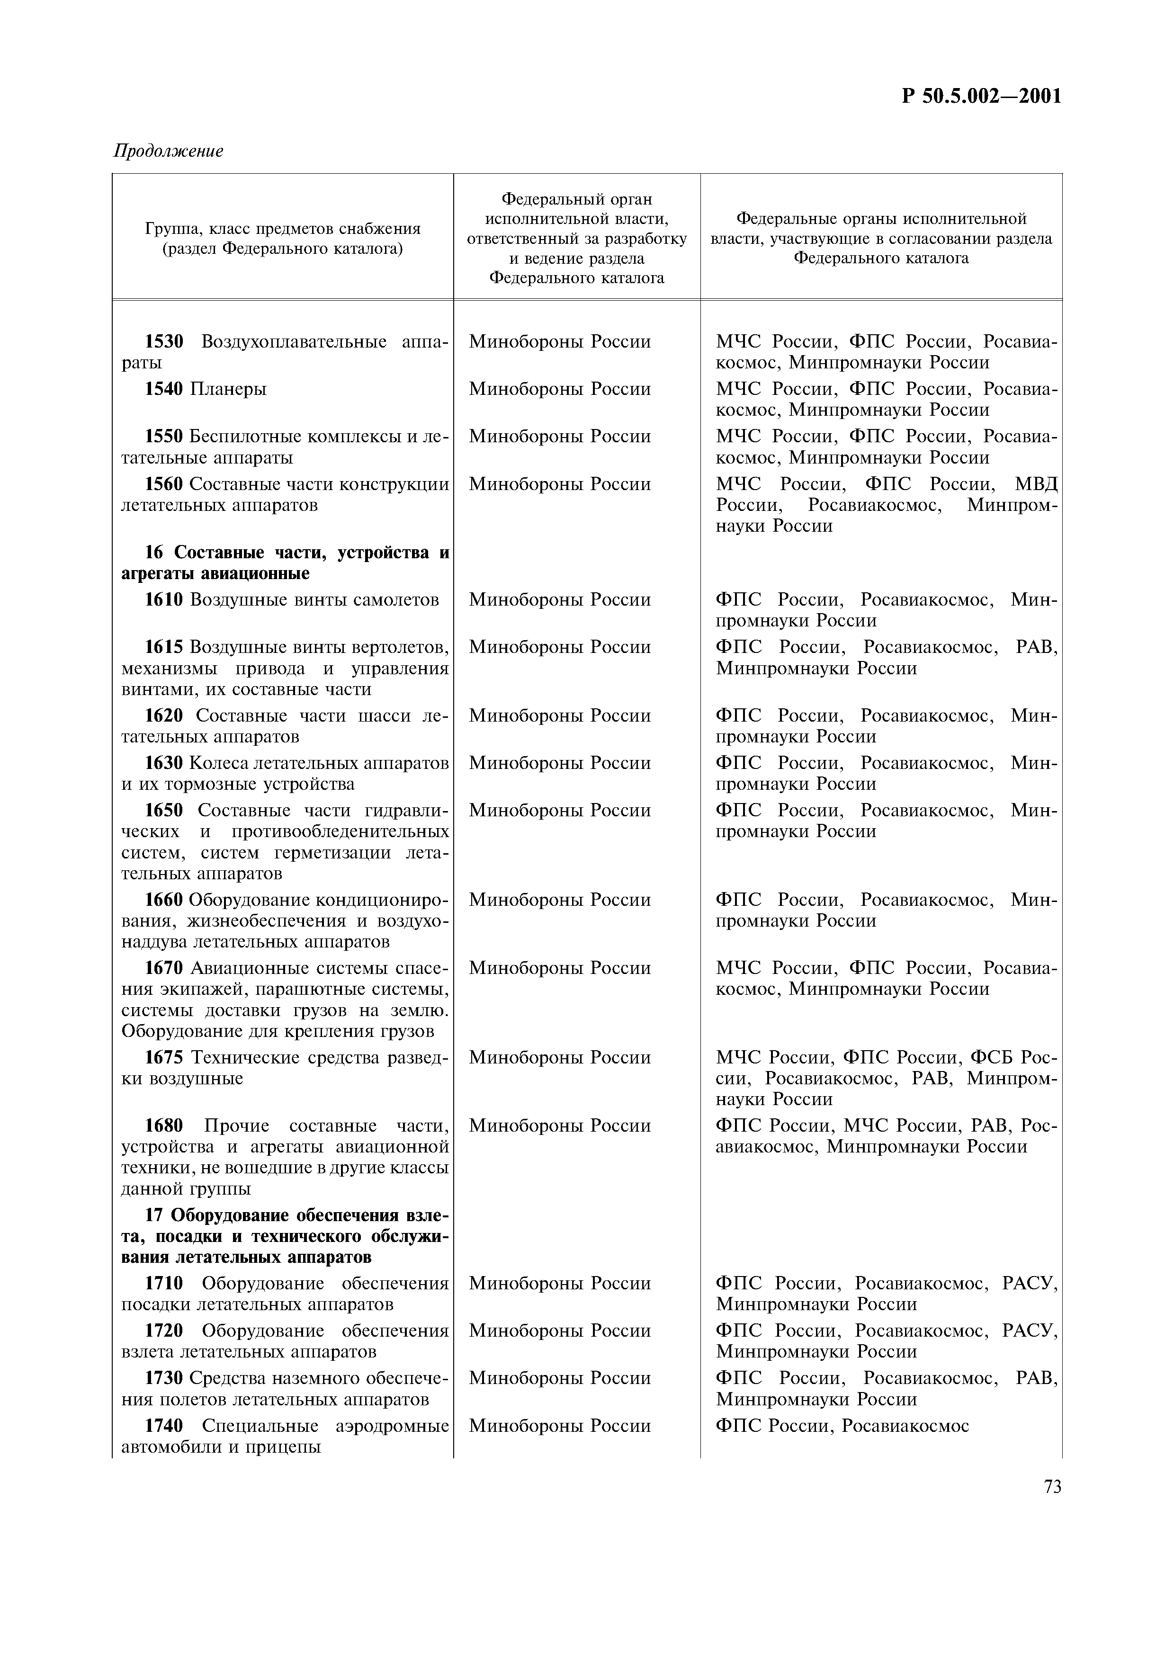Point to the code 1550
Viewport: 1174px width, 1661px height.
[x=164, y=437]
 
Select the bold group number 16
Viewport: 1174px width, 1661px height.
[x=154, y=553]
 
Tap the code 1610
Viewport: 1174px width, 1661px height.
[x=164, y=600]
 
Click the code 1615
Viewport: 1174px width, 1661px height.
[x=164, y=647]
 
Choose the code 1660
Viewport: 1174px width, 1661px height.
[x=164, y=900]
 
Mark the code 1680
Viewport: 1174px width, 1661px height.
[x=164, y=1126]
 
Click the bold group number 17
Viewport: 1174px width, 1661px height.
[x=154, y=1215]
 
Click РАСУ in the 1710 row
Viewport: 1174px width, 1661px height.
[x=1030, y=1284]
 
